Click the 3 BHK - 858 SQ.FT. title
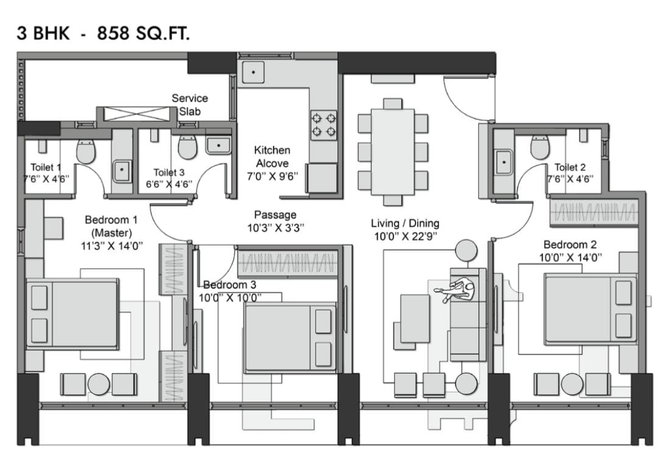[x=103, y=33]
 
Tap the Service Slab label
[x=189, y=105]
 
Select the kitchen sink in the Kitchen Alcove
[x=253, y=72]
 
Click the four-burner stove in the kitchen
[x=324, y=125]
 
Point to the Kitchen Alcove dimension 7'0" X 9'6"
[x=272, y=177]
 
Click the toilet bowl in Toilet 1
[x=86, y=151]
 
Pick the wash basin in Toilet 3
[x=218, y=146]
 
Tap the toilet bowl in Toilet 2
[x=540, y=147]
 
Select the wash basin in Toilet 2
[x=504, y=162]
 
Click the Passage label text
[x=275, y=215]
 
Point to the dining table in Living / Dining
[x=393, y=152]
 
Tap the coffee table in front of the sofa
[x=415, y=319]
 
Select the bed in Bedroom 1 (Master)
[x=72, y=313]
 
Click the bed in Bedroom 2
[x=590, y=309]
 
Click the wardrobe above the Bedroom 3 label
[x=288, y=264]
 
